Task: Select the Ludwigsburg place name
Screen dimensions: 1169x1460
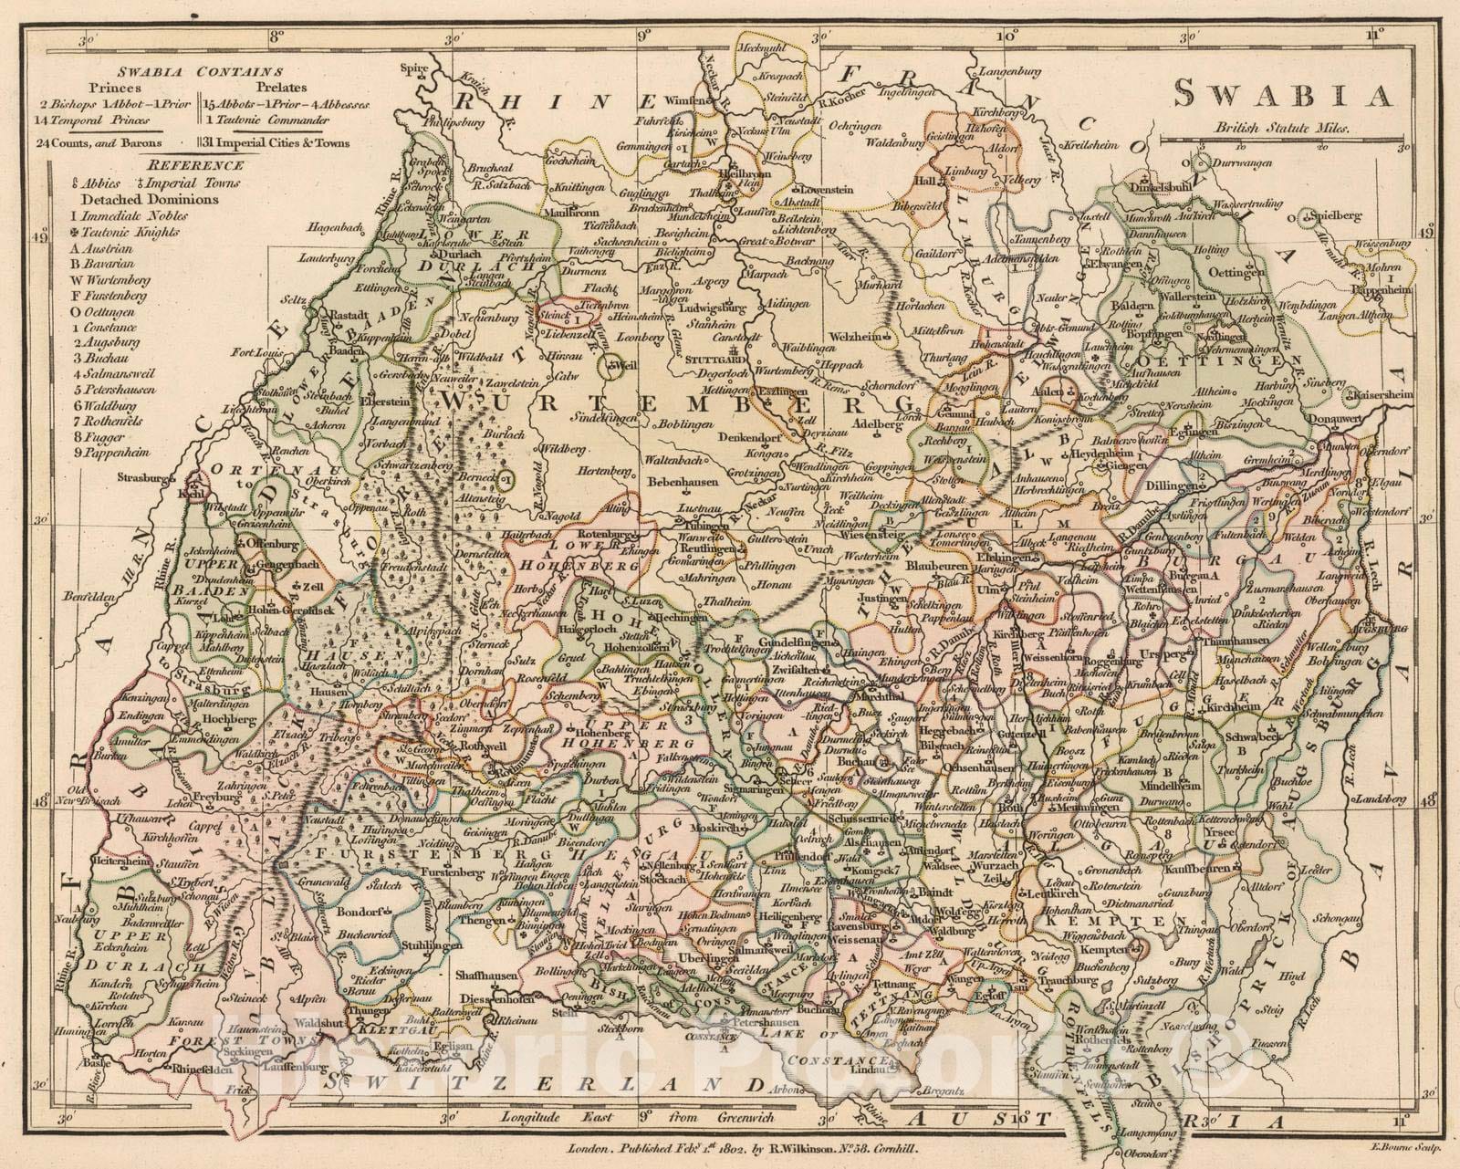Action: point(714,307)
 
